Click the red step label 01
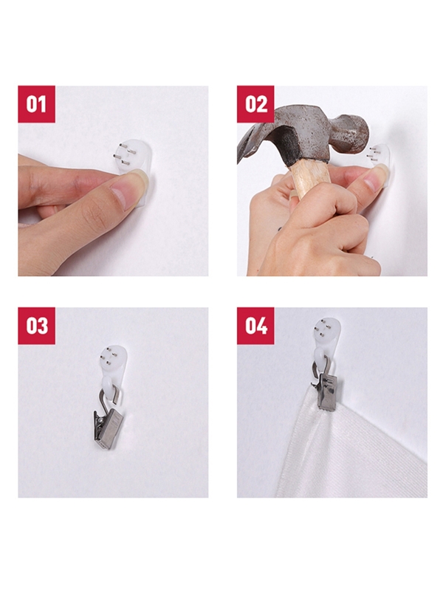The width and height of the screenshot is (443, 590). (36, 104)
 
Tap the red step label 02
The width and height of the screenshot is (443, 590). (255, 104)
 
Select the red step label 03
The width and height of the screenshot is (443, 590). (36, 326)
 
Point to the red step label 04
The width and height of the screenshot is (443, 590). (255, 326)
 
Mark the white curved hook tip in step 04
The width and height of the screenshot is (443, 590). (318, 355)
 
